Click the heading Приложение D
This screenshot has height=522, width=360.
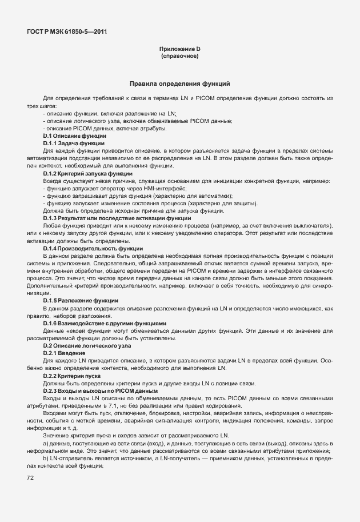[180, 49]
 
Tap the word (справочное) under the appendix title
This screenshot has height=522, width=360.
[180, 57]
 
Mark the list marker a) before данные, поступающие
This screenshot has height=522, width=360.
[46, 444]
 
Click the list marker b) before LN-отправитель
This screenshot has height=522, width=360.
[46, 459]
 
